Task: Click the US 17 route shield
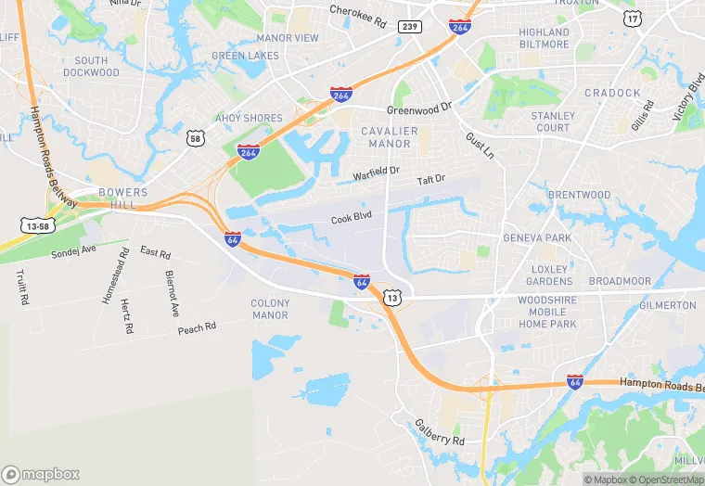click(x=633, y=19)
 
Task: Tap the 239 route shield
click(x=409, y=27)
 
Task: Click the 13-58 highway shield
click(x=34, y=224)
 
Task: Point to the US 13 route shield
click(x=392, y=298)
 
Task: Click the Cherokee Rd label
click(x=357, y=13)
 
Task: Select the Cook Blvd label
click(x=351, y=219)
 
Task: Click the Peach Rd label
click(x=197, y=327)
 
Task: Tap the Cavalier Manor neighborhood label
click(x=389, y=137)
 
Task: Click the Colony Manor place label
click(x=270, y=309)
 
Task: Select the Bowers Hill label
click(x=122, y=198)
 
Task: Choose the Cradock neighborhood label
click(x=612, y=93)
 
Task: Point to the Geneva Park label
click(x=537, y=237)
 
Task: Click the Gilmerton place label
click(x=668, y=305)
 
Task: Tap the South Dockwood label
click(x=85, y=66)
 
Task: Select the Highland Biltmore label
click(x=544, y=38)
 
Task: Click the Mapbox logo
click(x=41, y=474)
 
